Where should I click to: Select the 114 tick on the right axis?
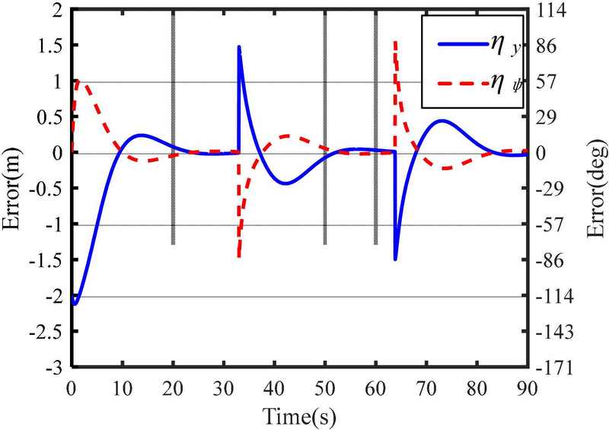[554, 11]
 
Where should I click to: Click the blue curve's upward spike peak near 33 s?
[239, 47]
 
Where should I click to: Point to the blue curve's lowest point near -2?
[74, 303]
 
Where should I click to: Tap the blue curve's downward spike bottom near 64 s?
[395, 259]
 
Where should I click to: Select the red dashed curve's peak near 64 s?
[394, 42]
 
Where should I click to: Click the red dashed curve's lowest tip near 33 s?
[238, 257]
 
